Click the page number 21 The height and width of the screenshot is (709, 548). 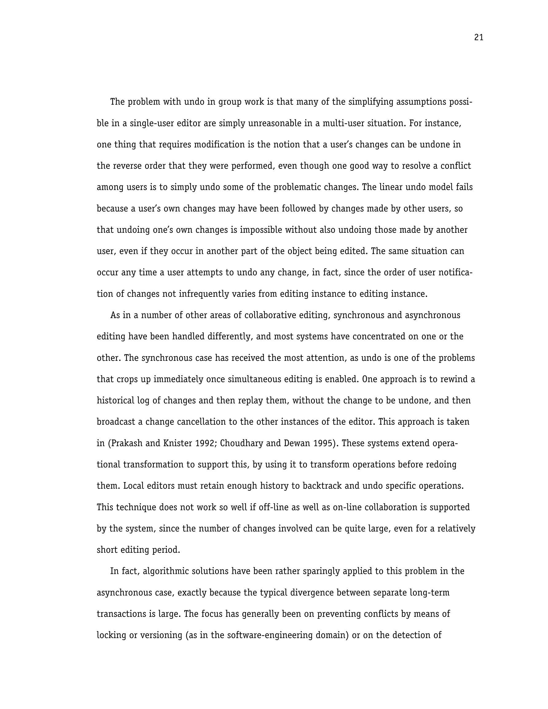click(479, 38)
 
